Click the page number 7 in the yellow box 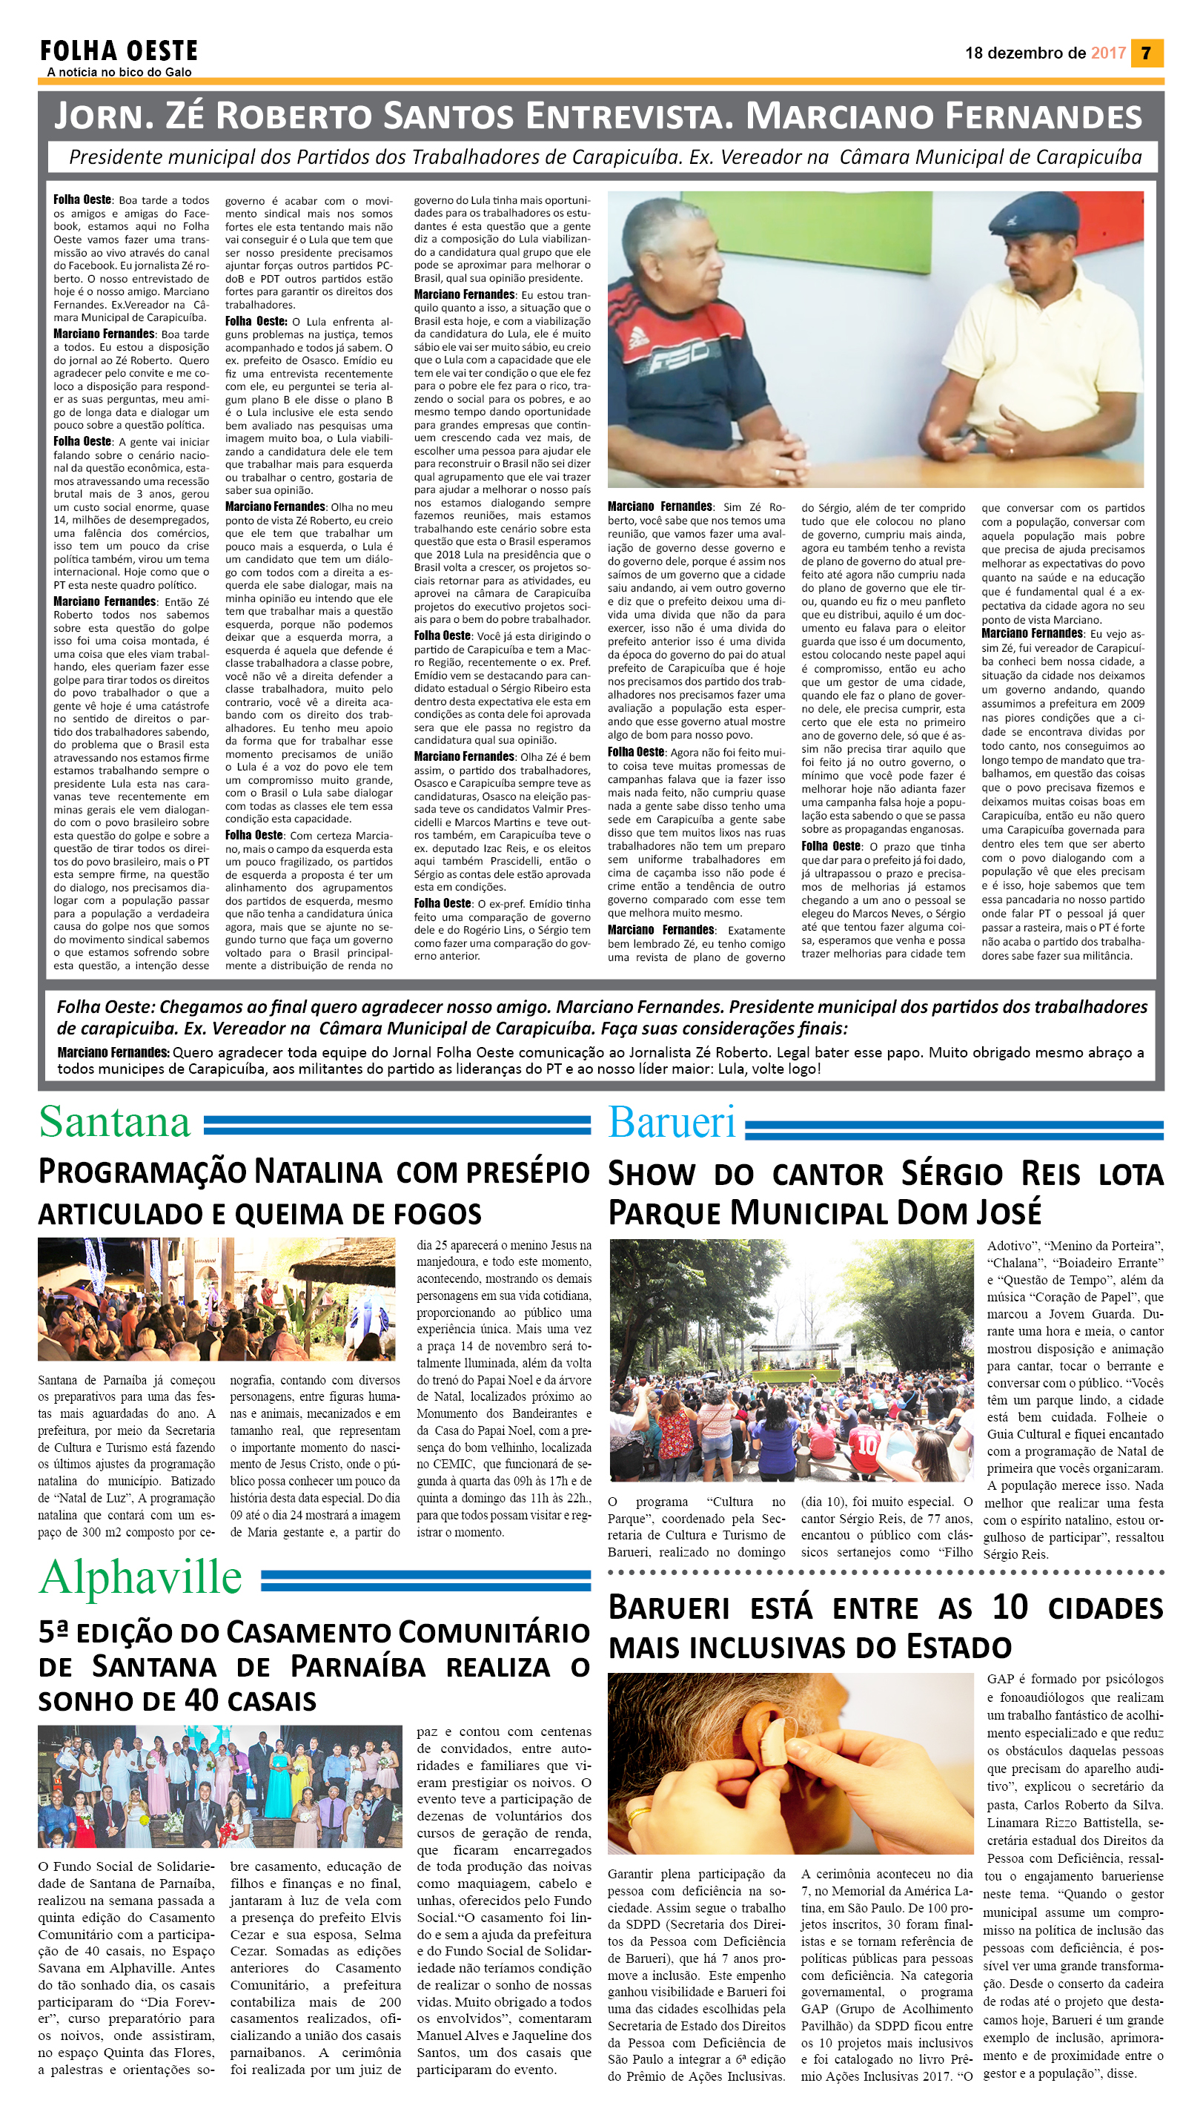point(1146,53)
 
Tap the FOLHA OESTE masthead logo point(119,51)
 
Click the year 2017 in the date point(1108,53)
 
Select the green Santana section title point(115,1123)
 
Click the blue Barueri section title point(672,1123)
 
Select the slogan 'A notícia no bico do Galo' point(119,73)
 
